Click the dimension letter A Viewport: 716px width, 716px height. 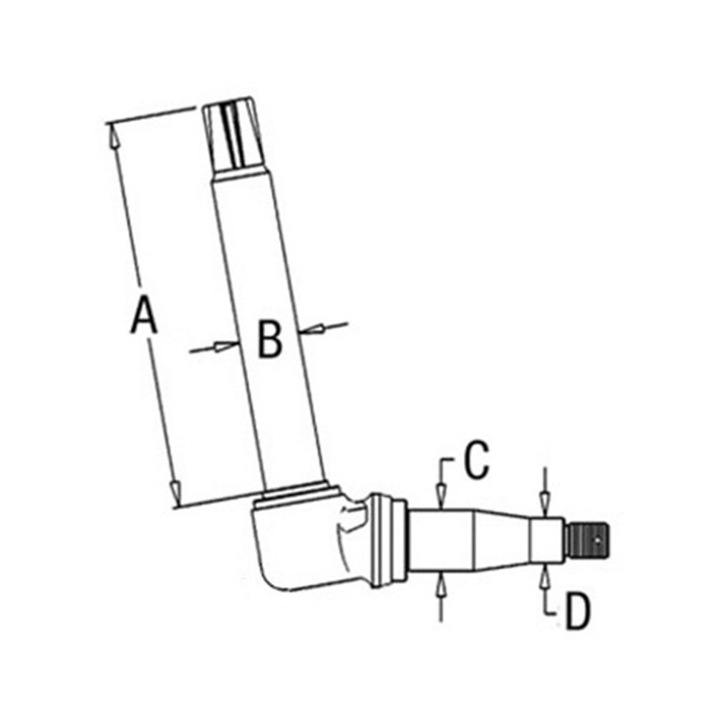tap(143, 316)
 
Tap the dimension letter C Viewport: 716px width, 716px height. tap(476, 461)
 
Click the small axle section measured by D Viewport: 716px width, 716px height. tap(548, 541)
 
